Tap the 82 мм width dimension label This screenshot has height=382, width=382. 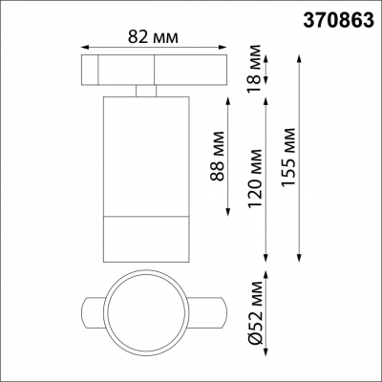(154, 37)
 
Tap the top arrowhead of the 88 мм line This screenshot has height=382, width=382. (229, 98)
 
